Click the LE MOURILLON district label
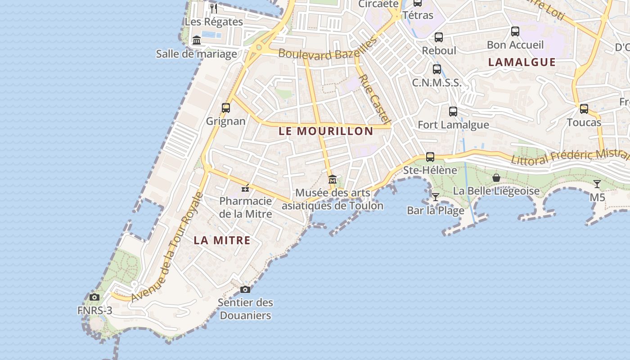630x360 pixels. pyautogui.click(x=326, y=131)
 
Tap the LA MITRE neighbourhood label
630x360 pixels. pyautogui.click(x=222, y=240)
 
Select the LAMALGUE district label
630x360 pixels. pyautogui.click(x=522, y=62)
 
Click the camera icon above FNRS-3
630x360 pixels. pyautogui.click(x=94, y=297)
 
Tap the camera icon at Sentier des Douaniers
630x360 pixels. pyautogui.click(x=245, y=289)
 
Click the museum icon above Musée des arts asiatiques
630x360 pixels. pyautogui.click(x=333, y=180)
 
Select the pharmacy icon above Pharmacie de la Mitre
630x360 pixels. pyautogui.click(x=245, y=188)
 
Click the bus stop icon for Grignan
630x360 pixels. pyautogui.click(x=226, y=108)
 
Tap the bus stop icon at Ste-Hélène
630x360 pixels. pyautogui.click(x=430, y=157)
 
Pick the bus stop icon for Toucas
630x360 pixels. pyautogui.click(x=584, y=109)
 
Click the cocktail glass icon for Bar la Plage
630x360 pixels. pyautogui.click(x=435, y=197)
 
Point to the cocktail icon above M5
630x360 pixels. pyautogui.click(x=597, y=184)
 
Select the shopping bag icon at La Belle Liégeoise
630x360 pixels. pyautogui.click(x=496, y=178)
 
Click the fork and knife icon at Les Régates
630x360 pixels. pyautogui.click(x=214, y=8)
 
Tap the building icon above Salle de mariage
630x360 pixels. pyautogui.click(x=197, y=40)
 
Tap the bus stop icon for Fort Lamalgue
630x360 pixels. pyautogui.click(x=453, y=111)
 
